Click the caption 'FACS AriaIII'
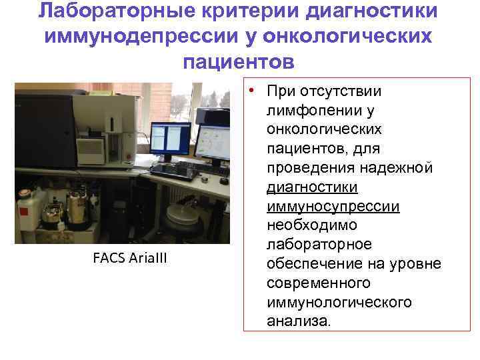(x=130, y=258)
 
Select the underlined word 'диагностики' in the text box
(x=312, y=187)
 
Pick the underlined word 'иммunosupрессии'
(x=333, y=206)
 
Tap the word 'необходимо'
(x=311, y=225)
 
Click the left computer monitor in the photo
(x=171, y=138)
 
